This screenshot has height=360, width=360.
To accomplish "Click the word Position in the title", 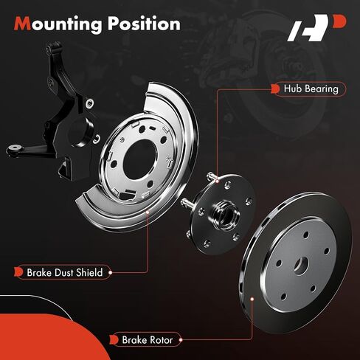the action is point(144,24).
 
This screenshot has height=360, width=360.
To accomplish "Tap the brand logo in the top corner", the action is point(316,27).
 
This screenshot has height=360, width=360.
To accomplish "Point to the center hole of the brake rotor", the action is point(301,266).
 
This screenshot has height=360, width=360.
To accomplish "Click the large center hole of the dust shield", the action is point(139,159).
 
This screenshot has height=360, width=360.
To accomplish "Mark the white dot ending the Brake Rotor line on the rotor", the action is point(252,299).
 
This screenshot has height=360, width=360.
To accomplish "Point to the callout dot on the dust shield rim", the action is point(148,212).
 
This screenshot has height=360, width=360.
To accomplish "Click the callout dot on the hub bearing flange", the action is point(217,181).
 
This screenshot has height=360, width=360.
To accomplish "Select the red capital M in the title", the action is point(22,24).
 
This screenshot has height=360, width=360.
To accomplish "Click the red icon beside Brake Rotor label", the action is point(114,340).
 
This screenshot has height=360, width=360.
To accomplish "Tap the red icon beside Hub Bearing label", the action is point(275,89).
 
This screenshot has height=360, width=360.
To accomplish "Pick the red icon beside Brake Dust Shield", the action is point(18,272).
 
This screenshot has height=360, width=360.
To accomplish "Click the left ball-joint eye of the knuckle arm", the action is point(15,149).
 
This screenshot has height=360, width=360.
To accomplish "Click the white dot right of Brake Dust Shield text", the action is point(110,272).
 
